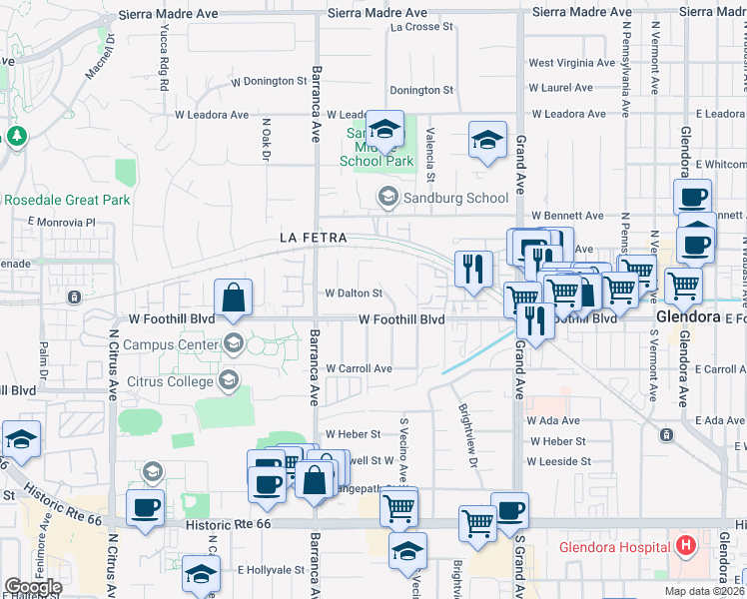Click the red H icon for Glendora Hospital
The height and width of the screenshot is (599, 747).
point(685,546)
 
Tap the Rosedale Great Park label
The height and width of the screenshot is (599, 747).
point(67,200)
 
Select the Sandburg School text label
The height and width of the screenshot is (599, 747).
point(455,198)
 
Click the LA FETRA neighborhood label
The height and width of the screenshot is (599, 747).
point(313,238)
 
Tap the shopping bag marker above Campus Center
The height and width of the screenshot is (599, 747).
point(233,298)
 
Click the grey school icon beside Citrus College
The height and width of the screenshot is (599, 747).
point(229,379)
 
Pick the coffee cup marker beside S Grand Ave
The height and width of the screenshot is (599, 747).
point(509,510)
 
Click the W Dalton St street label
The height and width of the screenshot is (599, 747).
point(354,294)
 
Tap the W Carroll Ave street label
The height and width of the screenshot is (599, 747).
point(359,368)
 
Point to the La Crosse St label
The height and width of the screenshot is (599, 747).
point(422,27)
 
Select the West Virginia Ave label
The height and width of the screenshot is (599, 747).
point(568,63)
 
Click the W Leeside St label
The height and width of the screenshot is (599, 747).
point(558,461)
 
